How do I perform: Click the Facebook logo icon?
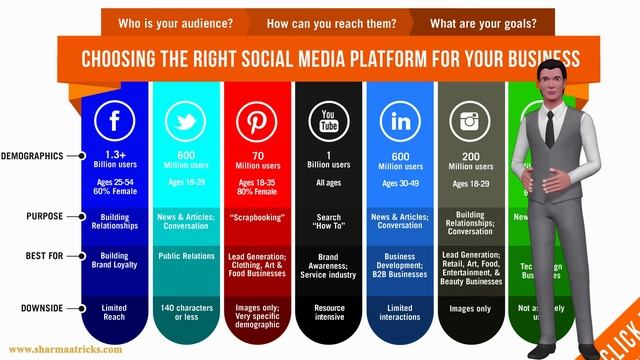pyautogui.click(x=113, y=121)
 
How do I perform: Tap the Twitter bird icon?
pyautogui.click(x=185, y=121)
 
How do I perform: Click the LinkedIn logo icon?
pyautogui.click(x=400, y=121)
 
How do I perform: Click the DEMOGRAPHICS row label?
pyautogui.click(x=32, y=156)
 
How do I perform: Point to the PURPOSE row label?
pyautogui.click(x=44, y=216)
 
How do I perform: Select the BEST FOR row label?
pyautogui.click(x=44, y=256)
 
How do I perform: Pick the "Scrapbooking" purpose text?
pyautogui.click(x=257, y=216)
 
